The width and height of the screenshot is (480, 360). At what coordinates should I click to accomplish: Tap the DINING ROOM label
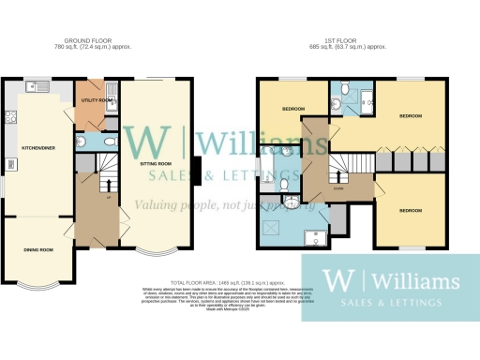click(x=37, y=249)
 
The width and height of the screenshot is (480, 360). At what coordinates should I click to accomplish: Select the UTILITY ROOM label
click(x=98, y=98)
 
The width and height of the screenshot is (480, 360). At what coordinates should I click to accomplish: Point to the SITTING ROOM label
click(x=156, y=162)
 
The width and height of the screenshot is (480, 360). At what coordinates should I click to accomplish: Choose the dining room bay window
click(x=37, y=280)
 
